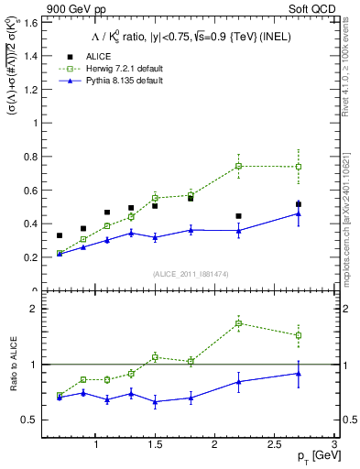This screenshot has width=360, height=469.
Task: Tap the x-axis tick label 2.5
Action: [273, 445]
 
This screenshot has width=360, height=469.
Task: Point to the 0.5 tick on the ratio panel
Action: [32, 420]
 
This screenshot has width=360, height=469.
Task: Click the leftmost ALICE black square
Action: [60, 235]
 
